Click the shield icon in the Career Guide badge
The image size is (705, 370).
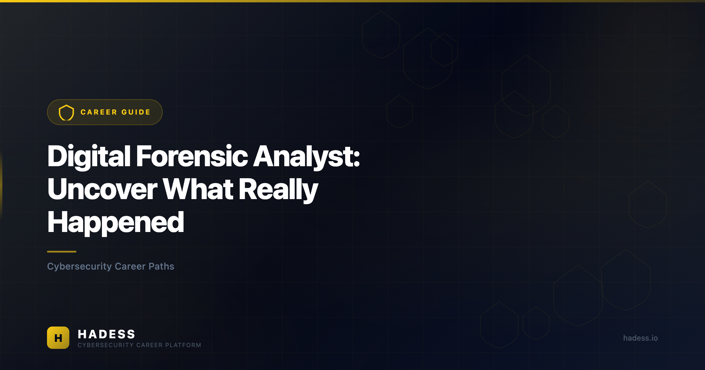click(x=66, y=112)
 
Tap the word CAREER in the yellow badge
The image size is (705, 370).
click(x=99, y=112)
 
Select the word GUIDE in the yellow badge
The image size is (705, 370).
click(x=136, y=112)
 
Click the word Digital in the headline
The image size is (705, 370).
click(x=89, y=157)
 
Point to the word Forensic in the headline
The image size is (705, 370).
click(x=192, y=156)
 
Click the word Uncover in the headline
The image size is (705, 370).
click(x=103, y=189)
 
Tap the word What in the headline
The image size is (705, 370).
click(x=198, y=189)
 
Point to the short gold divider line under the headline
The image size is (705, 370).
click(x=62, y=252)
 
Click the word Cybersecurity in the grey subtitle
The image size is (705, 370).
click(x=79, y=267)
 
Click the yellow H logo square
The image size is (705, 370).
click(x=58, y=338)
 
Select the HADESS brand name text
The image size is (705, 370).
click(x=106, y=334)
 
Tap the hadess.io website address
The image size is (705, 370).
click(x=640, y=338)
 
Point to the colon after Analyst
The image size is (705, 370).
click(x=357, y=160)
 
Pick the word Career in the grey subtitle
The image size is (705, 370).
click(x=130, y=266)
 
